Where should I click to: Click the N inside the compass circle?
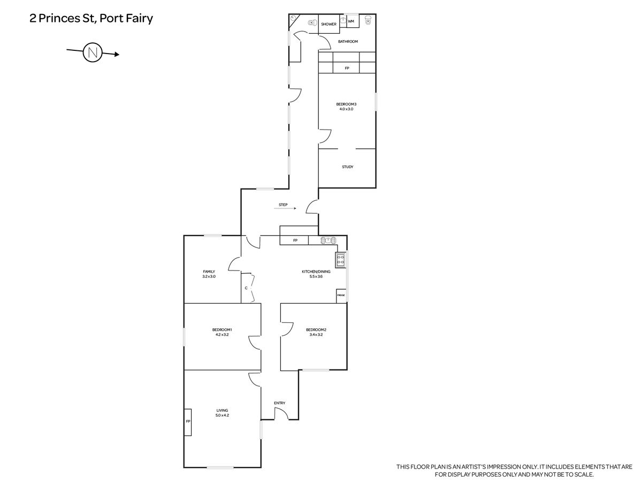[x=93, y=53]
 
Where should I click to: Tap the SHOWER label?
[x=328, y=24]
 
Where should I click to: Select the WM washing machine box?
[x=353, y=21]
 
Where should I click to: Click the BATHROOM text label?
[x=348, y=42]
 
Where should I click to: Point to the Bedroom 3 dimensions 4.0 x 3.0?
[x=346, y=109]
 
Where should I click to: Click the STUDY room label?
[x=347, y=167]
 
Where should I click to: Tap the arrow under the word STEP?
[x=285, y=208]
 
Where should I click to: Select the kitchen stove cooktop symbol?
[x=341, y=260]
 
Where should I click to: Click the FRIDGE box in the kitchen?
[x=341, y=296]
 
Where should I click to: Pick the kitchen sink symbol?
[x=328, y=240]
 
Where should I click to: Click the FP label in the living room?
[x=188, y=421]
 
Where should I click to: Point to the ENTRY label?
[x=279, y=403]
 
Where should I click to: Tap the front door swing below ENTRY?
[x=281, y=413]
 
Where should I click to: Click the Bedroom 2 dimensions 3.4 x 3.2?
[x=316, y=335]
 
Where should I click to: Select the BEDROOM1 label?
[x=222, y=330]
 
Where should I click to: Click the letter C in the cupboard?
[x=246, y=288]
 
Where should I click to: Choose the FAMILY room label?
[x=209, y=272]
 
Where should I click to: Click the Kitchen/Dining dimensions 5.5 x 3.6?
[x=316, y=276]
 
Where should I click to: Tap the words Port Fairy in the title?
[x=126, y=18]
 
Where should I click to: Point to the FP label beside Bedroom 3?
[x=347, y=68]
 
